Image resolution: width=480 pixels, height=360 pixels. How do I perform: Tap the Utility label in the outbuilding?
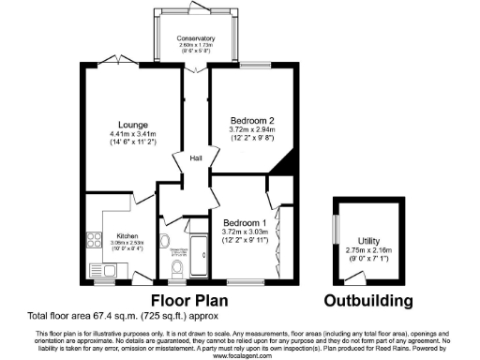355,242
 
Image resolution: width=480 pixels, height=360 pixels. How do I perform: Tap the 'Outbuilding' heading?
368,301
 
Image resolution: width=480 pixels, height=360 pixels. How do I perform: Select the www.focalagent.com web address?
239,354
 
